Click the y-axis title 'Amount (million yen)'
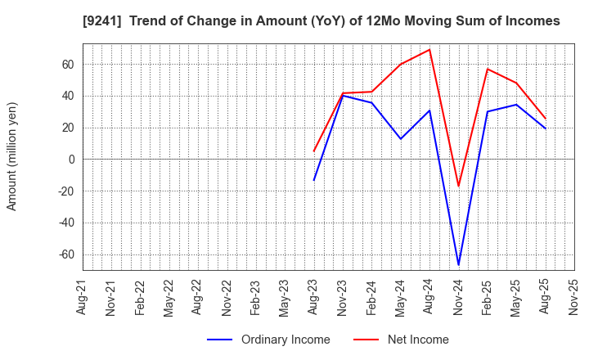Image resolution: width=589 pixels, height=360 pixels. tap(12, 156)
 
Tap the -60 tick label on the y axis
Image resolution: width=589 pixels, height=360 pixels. tap(65, 254)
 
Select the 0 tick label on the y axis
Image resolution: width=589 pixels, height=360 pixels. tap(70, 159)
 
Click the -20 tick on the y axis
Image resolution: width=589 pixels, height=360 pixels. tap(65, 191)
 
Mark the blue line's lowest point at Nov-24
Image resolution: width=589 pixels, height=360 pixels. tap(458, 264)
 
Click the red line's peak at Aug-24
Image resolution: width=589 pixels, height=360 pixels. tap(429, 49)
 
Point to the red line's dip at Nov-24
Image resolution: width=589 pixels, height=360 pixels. tap(458, 186)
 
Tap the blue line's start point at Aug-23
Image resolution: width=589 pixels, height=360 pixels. tap(313, 180)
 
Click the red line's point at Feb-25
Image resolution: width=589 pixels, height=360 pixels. tap(488, 69)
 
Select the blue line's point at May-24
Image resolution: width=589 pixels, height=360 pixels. tap(400, 138)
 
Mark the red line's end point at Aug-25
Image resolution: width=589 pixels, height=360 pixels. tap(546, 118)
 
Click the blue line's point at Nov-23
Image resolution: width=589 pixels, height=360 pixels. tap(343, 96)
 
